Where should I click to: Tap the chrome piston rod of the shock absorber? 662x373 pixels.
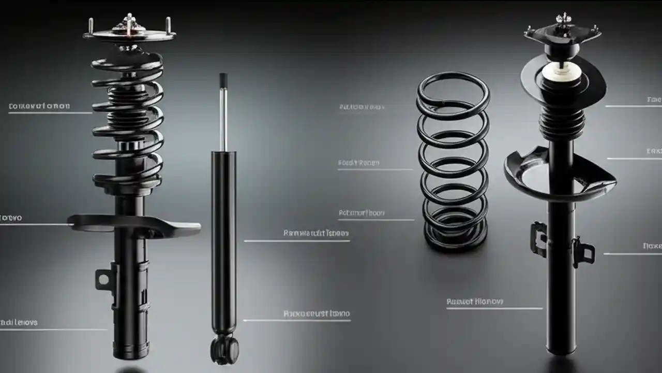pos(223,119)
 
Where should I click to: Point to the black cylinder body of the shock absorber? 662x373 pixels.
pos(224,238)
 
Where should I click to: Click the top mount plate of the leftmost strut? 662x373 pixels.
pos(129,35)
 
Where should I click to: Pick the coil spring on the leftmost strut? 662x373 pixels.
pos(128,119)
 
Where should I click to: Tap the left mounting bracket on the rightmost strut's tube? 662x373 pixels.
pos(538,238)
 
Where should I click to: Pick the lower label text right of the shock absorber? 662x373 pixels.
pos(317,313)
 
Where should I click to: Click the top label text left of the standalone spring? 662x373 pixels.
pos(362,107)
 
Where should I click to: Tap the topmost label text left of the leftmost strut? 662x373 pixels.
pos(39,106)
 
